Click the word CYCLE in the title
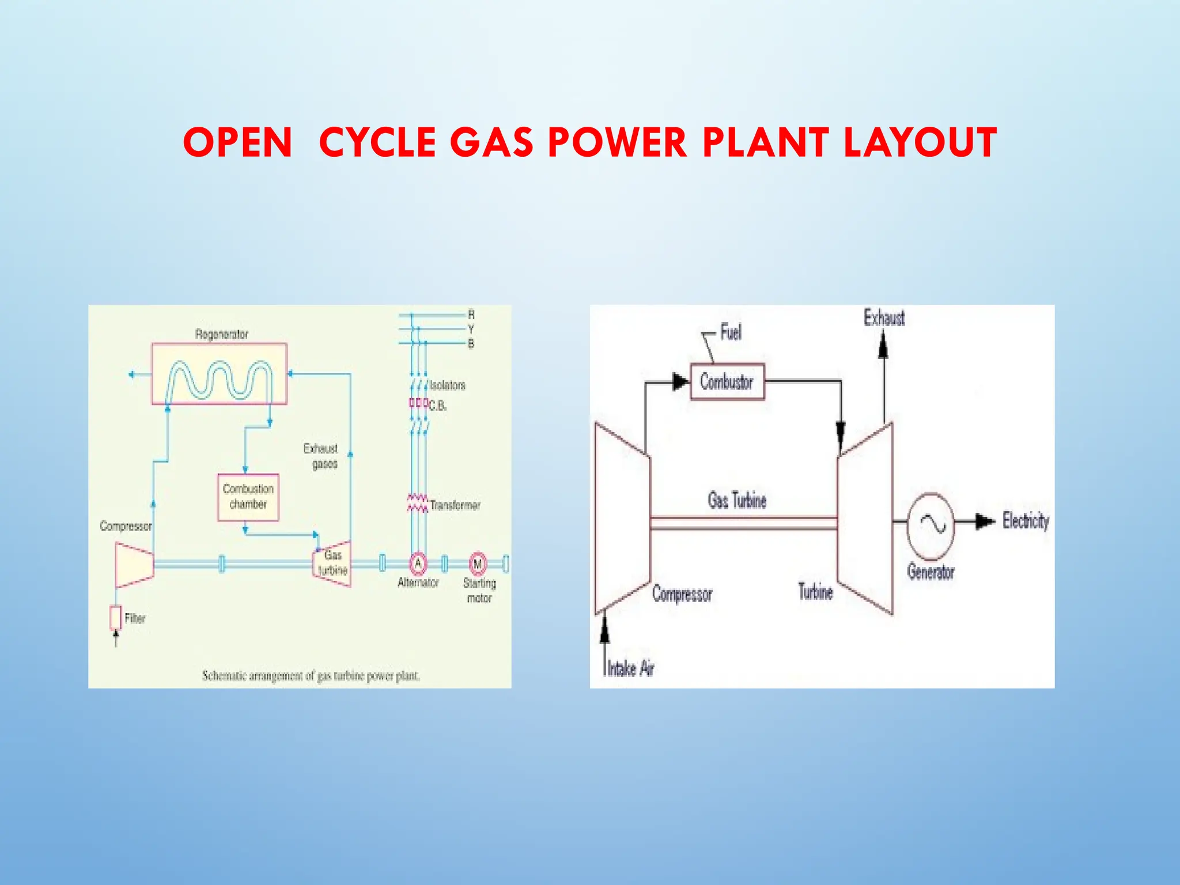click(x=377, y=142)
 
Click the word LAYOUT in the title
click(x=920, y=142)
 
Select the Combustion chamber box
click(x=248, y=497)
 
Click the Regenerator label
click(x=221, y=334)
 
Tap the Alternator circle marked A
click(x=418, y=563)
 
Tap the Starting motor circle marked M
click(x=477, y=563)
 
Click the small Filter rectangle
click(x=115, y=618)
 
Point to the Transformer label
click(x=455, y=505)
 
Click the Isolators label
click(x=447, y=385)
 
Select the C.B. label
click(x=438, y=406)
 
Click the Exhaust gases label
click(x=322, y=456)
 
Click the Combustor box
click(x=727, y=381)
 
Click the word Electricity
click(x=1026, y=521)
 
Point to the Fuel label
click(x=731, y=332)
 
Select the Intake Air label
click(x=631, y=668)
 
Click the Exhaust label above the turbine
click(x=884, y=317)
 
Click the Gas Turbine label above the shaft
click(x=737, y=500)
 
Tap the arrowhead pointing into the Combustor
click(x=680, y=381)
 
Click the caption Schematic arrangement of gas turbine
click(x=311, y=675)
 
